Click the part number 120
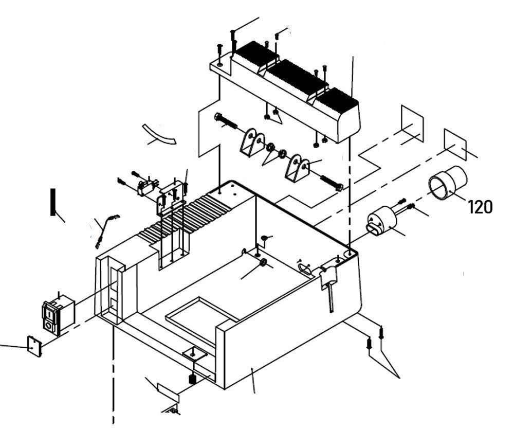(x=480, y=207)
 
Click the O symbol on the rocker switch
(x=49, y=325)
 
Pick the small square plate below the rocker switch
(x=34, y=346)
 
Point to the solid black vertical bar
(x=52, y=202)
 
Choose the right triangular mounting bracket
(x=298, y=167)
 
